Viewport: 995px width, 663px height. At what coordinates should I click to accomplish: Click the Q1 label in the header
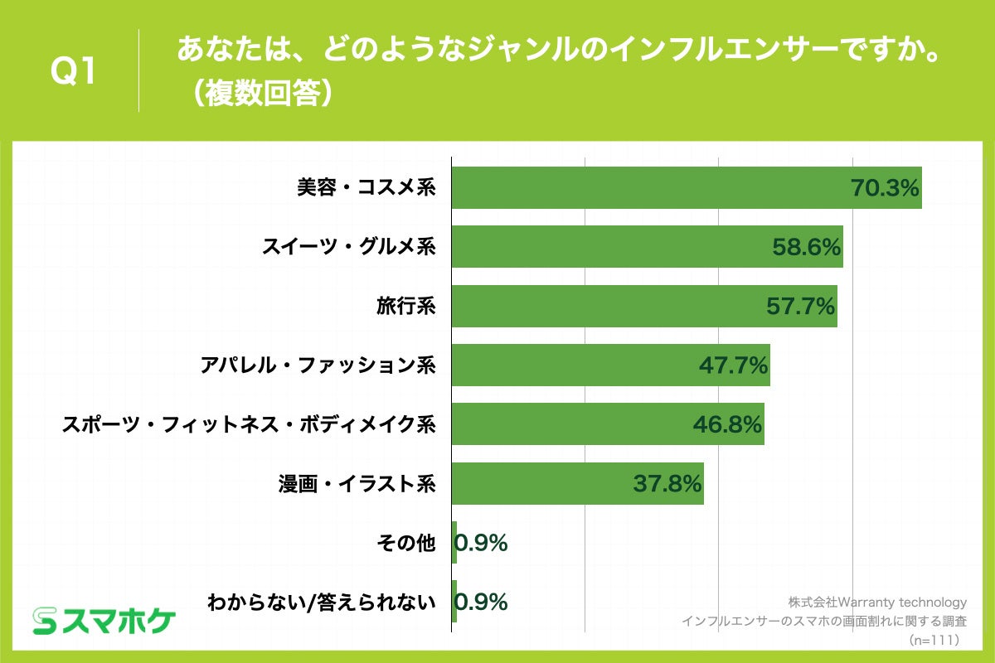pyautogui.click(x=75, y=71)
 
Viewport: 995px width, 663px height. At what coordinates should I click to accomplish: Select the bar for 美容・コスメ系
pyautogui.click(x=647, y=187)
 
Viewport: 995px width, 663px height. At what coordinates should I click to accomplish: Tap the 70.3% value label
pyautogui.click(x=886, y=188)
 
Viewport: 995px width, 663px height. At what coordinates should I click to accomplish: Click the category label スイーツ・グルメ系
pyautogui.click(x=349, y=247)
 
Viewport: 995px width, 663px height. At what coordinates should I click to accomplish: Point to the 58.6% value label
pyautogui.click(x=807, y=247)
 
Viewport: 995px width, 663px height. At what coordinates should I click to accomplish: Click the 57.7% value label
pyautogui.click(x=799, y=307)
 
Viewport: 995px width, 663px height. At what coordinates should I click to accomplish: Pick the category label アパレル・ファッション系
pyautogui.click(x=318, y=365)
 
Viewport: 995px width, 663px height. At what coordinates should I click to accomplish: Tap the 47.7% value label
pyautogui.click(x=734, y=365)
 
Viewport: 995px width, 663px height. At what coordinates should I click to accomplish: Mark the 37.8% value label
pyautogui.click(x=667, y=484)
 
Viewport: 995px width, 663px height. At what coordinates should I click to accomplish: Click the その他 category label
pyautogui.click(x=405, y=544)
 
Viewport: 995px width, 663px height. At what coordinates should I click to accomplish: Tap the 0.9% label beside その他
pyautogui.click(x=482, y=544)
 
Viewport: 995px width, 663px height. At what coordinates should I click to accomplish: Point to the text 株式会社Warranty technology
pyautogui.click(x=877, y=603)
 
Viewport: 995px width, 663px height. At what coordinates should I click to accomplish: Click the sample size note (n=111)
pyautogui.click(x=934, y=640)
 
